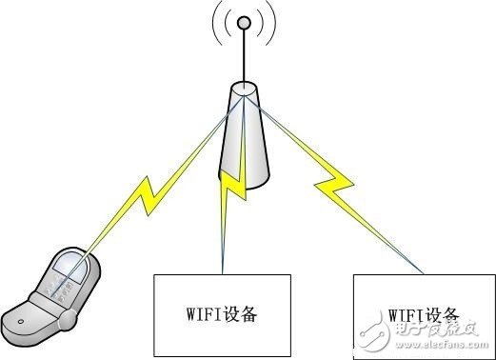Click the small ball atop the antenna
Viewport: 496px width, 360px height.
pos(243,21)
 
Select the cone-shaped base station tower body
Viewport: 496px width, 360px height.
pos(244,143)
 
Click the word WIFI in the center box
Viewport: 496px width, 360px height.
pos(202,313)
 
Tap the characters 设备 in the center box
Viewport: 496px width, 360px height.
pos(245,313)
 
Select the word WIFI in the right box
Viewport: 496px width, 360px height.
pos(406,314)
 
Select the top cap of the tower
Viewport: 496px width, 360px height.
pos(244,91)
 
